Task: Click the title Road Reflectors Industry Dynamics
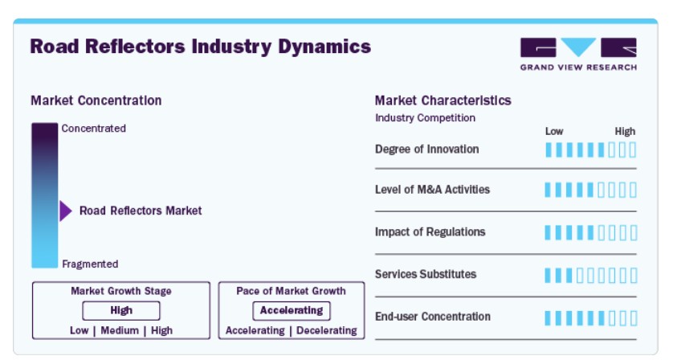pos(201,47)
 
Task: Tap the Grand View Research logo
pos(578,54)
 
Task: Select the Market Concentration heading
pos(96,100)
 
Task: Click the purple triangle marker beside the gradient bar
pos(66,211)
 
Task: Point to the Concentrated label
pos(94,129)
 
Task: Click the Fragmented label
pos(90,264)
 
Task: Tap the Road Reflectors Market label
pos(141,211)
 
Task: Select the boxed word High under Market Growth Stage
pos(121,311)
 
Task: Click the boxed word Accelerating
pos(292,311)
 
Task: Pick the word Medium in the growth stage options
pos(120,330)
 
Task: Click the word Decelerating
pos(327,330)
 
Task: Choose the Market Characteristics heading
pos(443,100)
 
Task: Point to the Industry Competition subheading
pos(426,117)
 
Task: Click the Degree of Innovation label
pos(427,149)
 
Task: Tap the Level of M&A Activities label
pos(432,190)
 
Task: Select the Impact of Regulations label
pos(430,232)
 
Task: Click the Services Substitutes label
pos(426,274)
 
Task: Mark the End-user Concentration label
pos(433,317)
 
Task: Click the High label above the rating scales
pos(625,132)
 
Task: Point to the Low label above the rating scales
pos(554,132)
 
